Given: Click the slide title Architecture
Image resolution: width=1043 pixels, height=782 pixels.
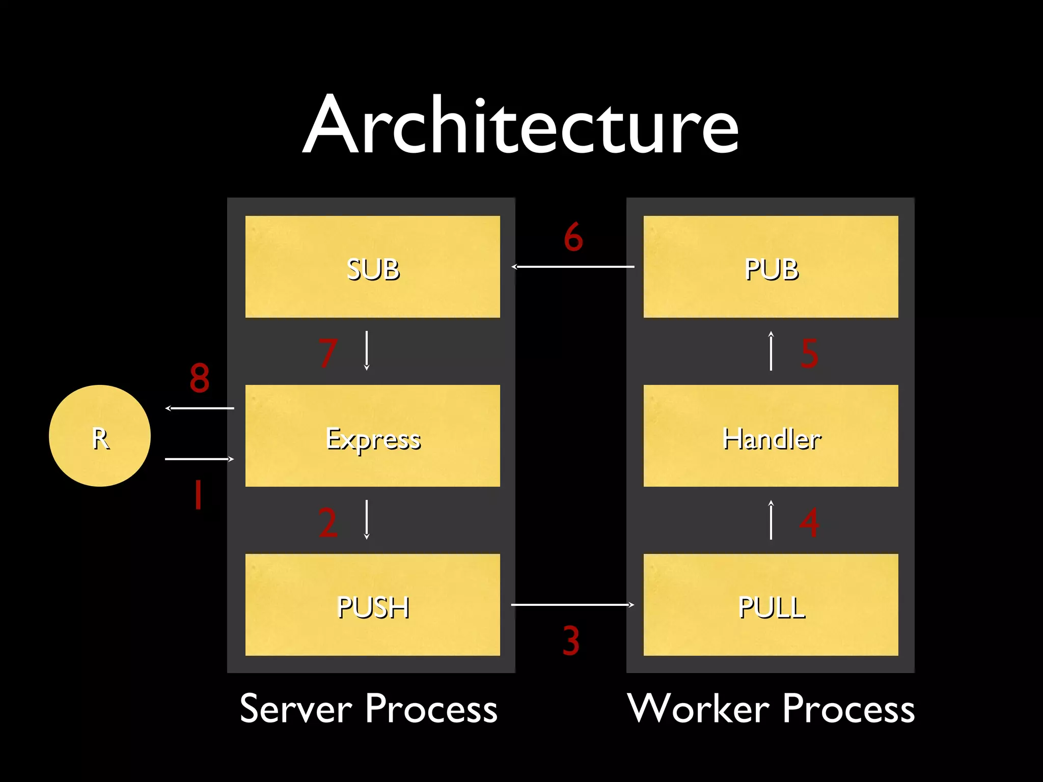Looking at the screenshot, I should coord(520,125).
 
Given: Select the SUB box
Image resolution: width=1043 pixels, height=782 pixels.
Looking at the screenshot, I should coord(372,267).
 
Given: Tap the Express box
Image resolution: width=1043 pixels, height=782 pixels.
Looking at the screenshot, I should coord(372,436).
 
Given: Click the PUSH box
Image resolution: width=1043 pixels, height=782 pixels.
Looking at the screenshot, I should coord(372,605).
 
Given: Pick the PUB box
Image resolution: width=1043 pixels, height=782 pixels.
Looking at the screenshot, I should coord(771,267).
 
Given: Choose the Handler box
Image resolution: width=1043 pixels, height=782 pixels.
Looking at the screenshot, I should coord(771,436).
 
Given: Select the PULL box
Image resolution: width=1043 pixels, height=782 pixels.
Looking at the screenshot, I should coord(771,605).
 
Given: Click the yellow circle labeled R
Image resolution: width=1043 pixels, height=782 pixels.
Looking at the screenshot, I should coord(100,436).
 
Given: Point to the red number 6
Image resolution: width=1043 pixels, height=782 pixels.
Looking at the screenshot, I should coord(573,237).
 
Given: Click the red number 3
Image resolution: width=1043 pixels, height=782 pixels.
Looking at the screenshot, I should coord(571,640).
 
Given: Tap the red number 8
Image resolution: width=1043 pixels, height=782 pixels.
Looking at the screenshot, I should coord(199,378).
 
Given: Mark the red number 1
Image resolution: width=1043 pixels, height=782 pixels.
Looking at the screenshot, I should coord(198,495).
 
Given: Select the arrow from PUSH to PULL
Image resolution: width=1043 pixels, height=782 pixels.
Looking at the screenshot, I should coord(572,605).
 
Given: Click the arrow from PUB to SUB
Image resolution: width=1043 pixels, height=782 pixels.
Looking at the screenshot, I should coord(572,266).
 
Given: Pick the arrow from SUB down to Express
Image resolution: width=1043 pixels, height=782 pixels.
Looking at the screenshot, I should coord(367,351).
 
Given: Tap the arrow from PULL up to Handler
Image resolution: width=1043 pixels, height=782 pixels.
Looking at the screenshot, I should coord(771,520).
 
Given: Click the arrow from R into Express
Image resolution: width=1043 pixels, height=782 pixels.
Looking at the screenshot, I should coord(199,459).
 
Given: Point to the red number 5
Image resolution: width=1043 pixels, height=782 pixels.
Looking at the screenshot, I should coord(809,353).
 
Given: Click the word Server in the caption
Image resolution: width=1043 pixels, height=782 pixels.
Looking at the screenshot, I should coord(295,709).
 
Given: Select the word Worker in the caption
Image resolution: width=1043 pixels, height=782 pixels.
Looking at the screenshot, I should coord(698,709).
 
